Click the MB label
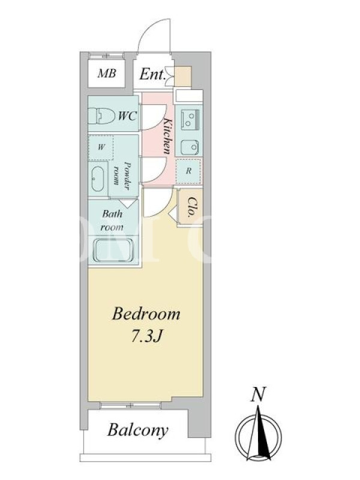[x=107, y=73]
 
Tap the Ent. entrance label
[x=152, y=74]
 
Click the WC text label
[x=127, y=116]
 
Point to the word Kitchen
[x=167, y=136]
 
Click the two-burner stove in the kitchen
[x=190, y=119]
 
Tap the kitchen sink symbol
[x=190, y=148]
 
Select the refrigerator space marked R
[x=188, y=171]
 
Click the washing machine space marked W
[x=101, y=147]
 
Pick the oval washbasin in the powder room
[x=98, y=179]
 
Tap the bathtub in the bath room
[x=113, y=250]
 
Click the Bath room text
[x=112, y=220]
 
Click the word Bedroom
[x=146, y=314]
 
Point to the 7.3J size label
[x=146, y=337]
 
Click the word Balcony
[x=138, y=430]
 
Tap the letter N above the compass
[x=258, y=395]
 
